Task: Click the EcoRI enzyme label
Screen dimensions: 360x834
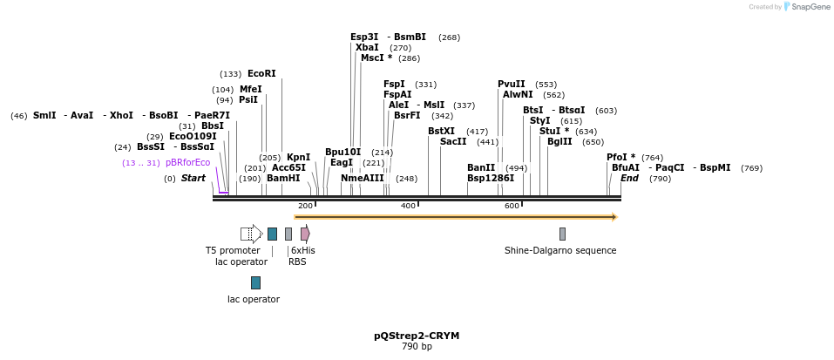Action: tap(261, 74)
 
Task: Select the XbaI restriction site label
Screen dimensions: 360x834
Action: tap(367, 47)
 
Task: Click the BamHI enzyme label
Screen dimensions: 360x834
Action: tap(283, 179)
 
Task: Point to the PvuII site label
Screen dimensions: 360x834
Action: tap(512, 85)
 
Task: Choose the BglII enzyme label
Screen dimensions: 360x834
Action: tap(559, 142)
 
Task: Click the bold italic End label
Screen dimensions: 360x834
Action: tap(629, 179)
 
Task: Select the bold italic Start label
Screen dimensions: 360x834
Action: tap(193, 179)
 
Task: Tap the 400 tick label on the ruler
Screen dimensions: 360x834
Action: tap(408, 206)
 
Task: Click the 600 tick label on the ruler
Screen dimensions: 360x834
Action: tap(512, 206)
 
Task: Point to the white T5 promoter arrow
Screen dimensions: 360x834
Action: tap(251, 234)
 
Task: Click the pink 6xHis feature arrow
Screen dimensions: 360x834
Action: tap(305, 234)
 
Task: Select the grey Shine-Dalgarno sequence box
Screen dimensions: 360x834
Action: tap(562, 234)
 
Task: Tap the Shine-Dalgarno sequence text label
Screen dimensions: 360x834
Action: tap(560, 251)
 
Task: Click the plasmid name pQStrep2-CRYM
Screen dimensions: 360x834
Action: tap(417, 336)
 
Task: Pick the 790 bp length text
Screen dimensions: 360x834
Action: tap(417, 347)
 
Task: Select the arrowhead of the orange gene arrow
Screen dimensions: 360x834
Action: tap(614, 217)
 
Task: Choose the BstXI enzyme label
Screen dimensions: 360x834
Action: tap(441, 132)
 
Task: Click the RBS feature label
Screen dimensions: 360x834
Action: tap(297, 262)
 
